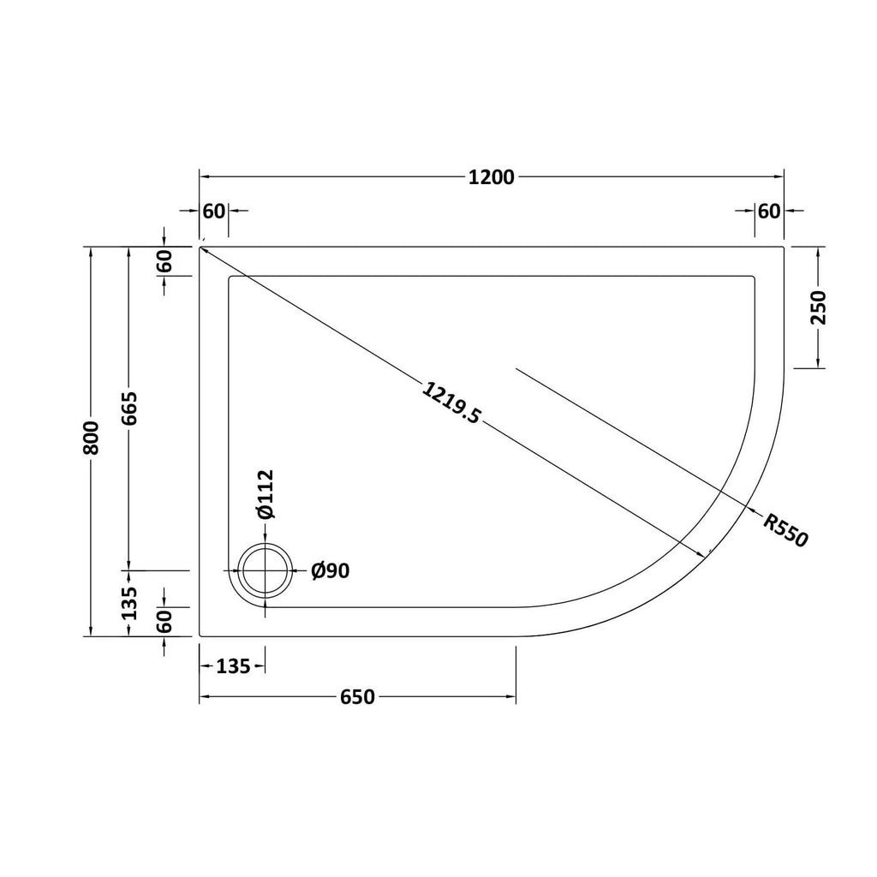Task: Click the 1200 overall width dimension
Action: tap(491, 177)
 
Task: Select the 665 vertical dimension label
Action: tap(129, 409)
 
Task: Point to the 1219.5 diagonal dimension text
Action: tap(450, 403)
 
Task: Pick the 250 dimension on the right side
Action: tap(818, 307)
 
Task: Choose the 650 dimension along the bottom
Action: tap(357, 697)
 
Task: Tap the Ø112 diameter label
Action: tap(265, 494)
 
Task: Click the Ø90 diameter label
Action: tap(331, 570)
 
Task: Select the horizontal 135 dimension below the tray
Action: tap(233, 666)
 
